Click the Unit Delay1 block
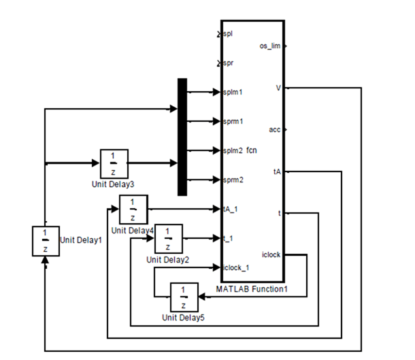pos(46,241)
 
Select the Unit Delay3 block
pos(114,164)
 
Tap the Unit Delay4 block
pos(133,210)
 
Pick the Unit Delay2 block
pos(168,239)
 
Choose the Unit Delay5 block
pos(184,297)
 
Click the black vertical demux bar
pos(182,137)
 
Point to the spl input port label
pos(228,34)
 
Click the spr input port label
pos(228,63)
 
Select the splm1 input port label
pos(233,92)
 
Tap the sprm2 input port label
pos(233,180)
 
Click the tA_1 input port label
pos(230,210)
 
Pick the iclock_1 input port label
pos(236,268)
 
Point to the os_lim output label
pos(269,46)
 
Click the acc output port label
pos(274,130)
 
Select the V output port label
pos(278,88)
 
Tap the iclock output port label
pos(271,255)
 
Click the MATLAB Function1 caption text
pos(252,289)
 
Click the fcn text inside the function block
pos(252,150)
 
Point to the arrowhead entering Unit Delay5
pos(201,297)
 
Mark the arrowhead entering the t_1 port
pos(217,238)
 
